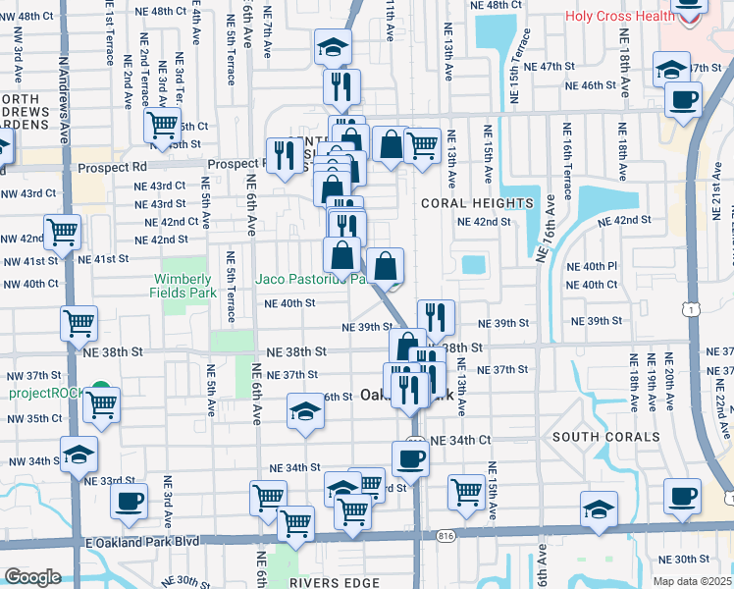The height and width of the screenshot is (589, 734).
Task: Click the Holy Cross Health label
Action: [617, 16]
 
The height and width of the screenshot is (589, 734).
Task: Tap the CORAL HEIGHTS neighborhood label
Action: [476, 203]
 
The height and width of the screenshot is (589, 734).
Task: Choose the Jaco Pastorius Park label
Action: [310, 279]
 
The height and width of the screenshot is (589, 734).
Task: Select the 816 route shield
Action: [447, 536]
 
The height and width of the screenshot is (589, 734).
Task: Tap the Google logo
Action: [32, 577]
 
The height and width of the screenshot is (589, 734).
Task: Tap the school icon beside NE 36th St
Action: [306, 412]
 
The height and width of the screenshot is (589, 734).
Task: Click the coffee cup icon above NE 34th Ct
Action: [410, 457]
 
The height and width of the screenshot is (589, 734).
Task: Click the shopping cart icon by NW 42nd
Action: [62, 234]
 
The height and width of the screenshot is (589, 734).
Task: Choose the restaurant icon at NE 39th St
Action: [436, 317]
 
